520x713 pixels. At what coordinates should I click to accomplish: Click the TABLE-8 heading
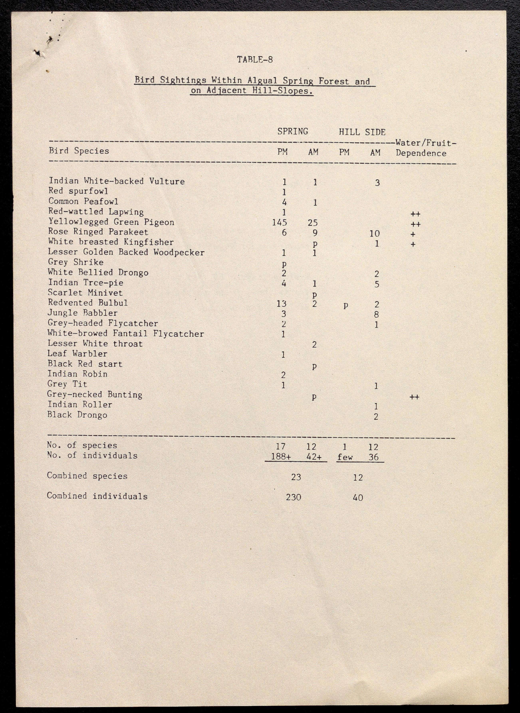(255, 59)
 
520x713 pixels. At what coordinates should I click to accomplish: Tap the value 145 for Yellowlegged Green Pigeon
(280, 223)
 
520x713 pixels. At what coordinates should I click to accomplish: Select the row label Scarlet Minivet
(85, 293)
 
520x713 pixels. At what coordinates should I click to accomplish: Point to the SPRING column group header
(292, 131)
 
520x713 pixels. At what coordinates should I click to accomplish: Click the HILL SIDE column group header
(362, 132)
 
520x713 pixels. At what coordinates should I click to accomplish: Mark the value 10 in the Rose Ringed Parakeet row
(375, 233)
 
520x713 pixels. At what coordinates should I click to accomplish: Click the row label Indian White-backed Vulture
(116, 181)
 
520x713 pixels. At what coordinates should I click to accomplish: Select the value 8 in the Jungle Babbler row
(376, 314)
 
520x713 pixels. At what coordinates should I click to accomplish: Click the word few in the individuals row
(345, 457)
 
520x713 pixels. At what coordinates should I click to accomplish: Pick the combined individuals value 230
(293, 497)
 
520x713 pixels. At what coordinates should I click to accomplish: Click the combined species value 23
(296, 477)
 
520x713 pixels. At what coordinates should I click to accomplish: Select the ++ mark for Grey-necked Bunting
(414, 397)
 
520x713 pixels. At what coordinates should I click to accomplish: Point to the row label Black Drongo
(77, 415)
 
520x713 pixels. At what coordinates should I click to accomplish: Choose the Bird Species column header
(79, 151)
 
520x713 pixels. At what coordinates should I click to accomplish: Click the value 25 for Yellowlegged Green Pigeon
(313, 223)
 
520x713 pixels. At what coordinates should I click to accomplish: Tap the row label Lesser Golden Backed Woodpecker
(126, 252)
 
